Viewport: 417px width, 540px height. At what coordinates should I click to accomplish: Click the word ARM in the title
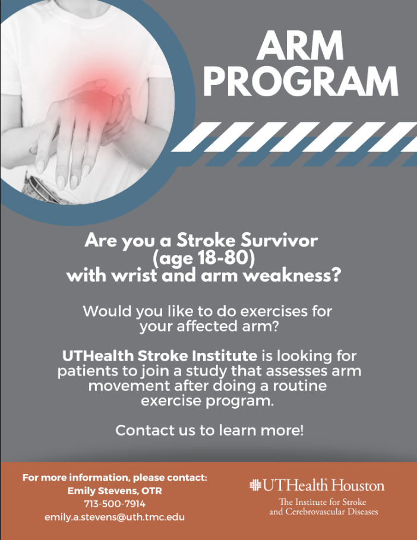coord(299,45)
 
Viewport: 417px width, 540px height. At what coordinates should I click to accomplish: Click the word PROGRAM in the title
coord(301,81)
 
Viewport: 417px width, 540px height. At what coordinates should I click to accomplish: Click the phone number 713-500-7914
coord(115,504)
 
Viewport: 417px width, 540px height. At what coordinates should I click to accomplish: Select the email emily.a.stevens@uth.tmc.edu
coord(114,517)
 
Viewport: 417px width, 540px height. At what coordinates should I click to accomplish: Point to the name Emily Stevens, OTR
coord(115,491)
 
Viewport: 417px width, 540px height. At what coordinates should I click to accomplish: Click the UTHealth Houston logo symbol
coord(255,485)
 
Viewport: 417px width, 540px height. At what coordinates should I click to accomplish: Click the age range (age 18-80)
coord(204,258)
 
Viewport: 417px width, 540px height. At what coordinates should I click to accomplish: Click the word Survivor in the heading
coord(279,240)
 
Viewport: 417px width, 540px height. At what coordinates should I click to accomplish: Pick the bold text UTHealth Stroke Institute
coord(159,356)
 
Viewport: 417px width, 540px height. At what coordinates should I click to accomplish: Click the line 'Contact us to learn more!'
coord(209,430)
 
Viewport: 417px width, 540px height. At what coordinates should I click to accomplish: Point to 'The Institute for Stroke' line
coord(323,502)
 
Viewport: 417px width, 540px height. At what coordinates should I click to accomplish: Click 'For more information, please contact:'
coord(115,478)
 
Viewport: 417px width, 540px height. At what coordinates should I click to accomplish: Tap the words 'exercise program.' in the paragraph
coord(207,401)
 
